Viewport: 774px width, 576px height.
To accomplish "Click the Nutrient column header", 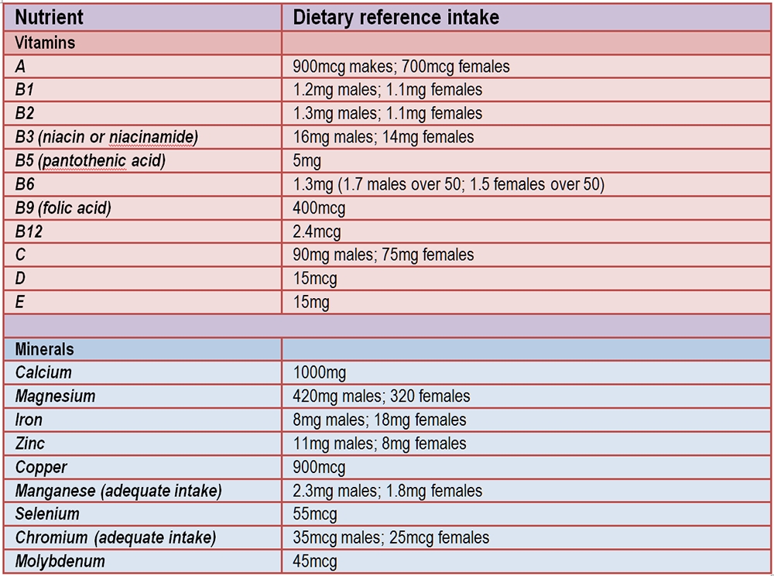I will point(50,16).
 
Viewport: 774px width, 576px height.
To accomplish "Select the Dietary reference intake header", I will point(396,16).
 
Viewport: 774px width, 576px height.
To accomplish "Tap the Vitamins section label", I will point(46,42).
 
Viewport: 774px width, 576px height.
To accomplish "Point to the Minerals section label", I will point(45,349).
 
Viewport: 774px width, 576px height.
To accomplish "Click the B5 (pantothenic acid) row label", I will point(91,161).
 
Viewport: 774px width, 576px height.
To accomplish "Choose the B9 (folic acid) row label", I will point(63,208).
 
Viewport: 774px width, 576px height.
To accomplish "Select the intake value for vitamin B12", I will point(317,231).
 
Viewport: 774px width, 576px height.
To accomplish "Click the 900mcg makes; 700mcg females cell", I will point(402,67).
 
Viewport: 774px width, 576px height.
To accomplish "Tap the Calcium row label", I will point(43,373).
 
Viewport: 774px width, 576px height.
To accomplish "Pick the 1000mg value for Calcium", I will point(320,373).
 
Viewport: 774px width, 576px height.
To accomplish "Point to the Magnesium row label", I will point(56,396).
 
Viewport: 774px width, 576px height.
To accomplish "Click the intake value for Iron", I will point(380,420).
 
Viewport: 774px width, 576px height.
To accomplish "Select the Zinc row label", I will point(30,444).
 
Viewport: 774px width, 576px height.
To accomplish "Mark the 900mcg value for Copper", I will point(320,468).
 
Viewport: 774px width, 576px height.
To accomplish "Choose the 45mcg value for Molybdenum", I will point(316,561).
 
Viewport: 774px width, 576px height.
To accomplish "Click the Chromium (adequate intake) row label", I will point(115,537).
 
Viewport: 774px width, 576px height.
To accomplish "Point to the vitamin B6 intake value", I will point(449,184).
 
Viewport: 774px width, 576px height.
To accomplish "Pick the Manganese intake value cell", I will point(388,491).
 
